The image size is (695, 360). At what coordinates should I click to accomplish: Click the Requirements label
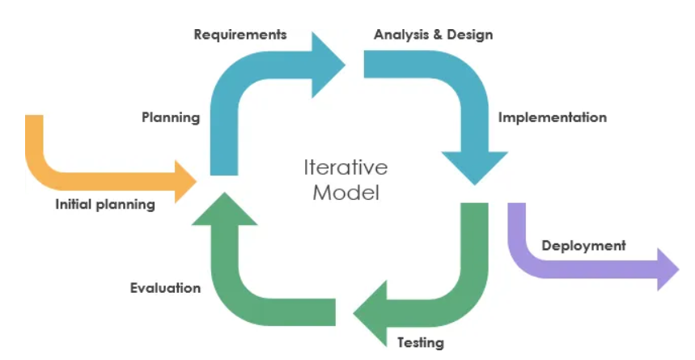click(x=240, y=35)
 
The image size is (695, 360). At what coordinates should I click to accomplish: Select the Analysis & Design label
click(x=433, y=35)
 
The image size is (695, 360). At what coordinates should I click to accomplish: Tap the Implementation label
click(x=552, y=117)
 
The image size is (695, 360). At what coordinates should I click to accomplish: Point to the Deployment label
click(x=583, y=246)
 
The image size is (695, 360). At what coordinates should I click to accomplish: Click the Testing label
click(x=421, y=342)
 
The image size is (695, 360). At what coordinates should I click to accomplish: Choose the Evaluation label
click(x=165, y=287)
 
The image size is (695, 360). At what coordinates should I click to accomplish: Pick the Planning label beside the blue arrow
click(x=171, y=117)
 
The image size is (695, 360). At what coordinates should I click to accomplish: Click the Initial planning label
click(x=104, y=205)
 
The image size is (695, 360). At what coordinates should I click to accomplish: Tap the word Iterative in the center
click(x=345, y=167)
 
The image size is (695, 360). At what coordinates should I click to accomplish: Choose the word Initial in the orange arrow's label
click(x=72, y=205)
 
